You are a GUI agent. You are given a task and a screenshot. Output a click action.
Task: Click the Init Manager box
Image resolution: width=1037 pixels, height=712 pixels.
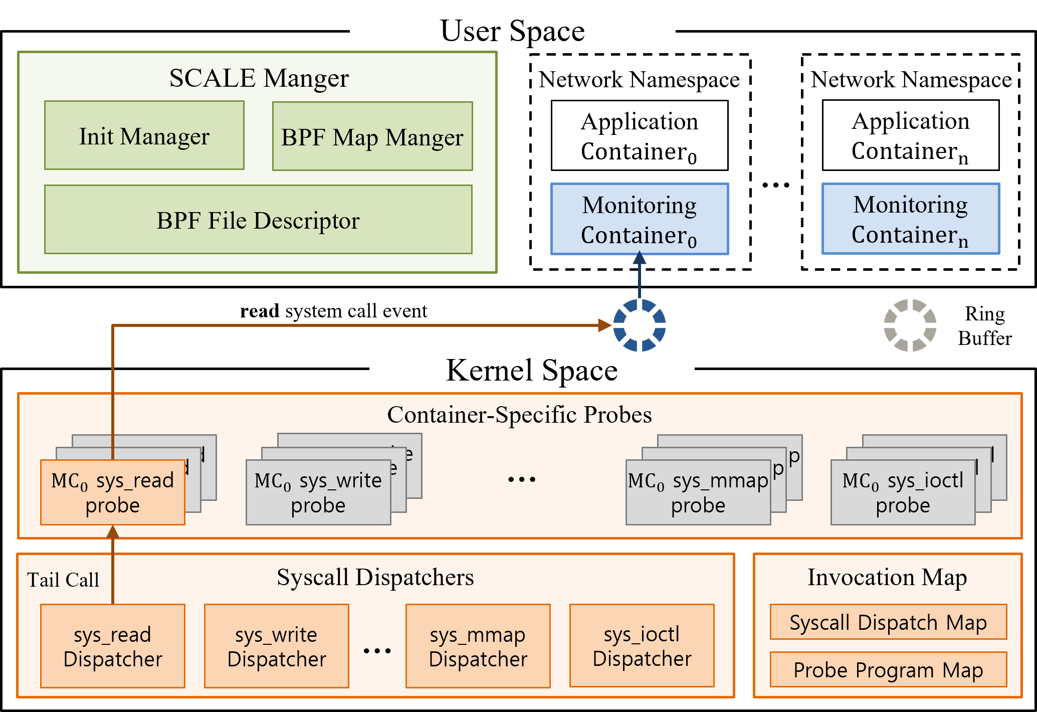tap(144, 135)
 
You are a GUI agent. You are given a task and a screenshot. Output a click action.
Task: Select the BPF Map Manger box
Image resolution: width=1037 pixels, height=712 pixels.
tap(372, 136)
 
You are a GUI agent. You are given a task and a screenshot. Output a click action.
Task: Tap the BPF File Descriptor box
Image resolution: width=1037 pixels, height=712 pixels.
tap(258, 220)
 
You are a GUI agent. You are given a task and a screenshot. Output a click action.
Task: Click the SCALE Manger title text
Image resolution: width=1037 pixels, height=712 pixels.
tap(259, 78)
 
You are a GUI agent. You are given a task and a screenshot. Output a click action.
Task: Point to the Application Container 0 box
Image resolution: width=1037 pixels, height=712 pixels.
tap(640, 135)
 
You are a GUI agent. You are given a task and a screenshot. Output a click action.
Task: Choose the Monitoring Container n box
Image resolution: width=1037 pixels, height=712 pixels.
tap(911, 219)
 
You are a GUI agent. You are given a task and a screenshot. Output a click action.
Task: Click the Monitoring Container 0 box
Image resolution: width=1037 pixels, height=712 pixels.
tap(640, 219)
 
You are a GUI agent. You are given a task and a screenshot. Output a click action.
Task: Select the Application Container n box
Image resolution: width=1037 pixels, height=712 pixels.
tap(911, 135)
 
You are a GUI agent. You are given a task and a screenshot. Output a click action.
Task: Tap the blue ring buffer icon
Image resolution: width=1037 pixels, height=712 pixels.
tap(640, 325)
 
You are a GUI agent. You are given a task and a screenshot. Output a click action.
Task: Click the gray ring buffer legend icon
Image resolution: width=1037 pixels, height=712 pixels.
tap(910, 325)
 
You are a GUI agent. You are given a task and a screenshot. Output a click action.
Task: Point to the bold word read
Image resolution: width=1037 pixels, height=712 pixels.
tap(260, 311)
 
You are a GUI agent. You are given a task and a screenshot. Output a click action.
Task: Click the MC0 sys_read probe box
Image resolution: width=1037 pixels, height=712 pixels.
tap(112, 493)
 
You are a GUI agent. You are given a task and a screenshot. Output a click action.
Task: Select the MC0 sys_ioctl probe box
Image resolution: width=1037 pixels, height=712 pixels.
tap(903, 493)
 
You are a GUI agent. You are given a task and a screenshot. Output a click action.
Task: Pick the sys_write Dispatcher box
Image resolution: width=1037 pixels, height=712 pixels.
tap(277, 646)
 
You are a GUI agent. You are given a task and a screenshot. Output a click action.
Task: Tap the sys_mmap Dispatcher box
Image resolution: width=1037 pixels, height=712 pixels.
tap(478, 646)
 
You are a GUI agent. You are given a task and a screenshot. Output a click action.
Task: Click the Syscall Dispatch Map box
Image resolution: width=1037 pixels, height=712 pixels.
tap(888, 622)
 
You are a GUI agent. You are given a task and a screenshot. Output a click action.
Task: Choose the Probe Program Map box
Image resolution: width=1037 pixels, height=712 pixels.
tap(888, 669)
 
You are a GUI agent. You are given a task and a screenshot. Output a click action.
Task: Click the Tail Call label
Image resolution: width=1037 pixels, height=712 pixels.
tap(63, 580)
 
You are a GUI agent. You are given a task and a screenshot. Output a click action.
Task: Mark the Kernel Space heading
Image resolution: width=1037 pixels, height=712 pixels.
tap(532, 370)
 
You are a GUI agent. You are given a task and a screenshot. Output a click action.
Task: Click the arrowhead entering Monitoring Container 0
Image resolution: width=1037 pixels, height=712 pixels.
tap(640, 258)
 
